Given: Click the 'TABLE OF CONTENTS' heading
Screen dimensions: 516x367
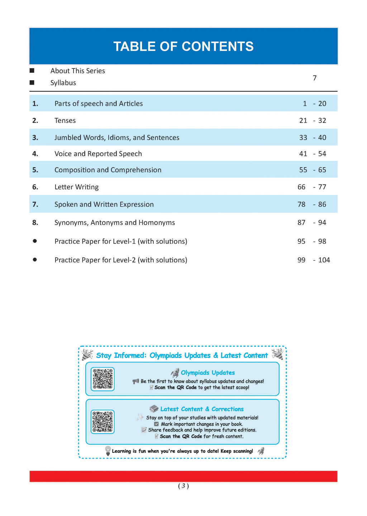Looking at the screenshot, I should (x=183, y=47).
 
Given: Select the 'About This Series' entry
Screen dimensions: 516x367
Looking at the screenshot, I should (x=77, y=71).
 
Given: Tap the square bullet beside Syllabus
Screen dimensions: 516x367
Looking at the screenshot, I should (x=32, y=83).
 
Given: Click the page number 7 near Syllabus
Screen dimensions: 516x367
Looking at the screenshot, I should (x=315, y=78).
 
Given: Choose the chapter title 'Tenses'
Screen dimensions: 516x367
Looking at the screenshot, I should (x=65, y=121).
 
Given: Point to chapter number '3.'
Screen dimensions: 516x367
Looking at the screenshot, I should (x=35, y=138).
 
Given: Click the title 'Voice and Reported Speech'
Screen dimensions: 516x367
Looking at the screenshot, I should (x=98, y=154).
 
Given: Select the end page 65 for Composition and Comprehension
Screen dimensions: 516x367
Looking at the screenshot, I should (x=322, y=170).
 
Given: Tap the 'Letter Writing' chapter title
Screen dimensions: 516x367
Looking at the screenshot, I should (x=76, y=187).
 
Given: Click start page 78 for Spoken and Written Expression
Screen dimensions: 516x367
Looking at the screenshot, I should (x=301, y=204).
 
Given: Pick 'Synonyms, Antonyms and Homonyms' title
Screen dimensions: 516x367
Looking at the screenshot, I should (x=114, y=223).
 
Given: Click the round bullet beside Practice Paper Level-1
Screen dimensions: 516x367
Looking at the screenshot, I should (x=35, y=241).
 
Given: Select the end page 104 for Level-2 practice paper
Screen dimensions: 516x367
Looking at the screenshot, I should (x=324, y=260).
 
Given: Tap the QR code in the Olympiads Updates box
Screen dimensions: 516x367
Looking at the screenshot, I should (x=103, y=379).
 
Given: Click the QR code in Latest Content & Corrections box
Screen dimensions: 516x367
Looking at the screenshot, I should (x=103, y=422).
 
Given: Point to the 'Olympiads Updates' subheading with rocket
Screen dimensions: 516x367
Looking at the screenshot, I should (x=208, y=373).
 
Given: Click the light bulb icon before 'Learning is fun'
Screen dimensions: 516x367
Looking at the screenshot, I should (x=108, y=450).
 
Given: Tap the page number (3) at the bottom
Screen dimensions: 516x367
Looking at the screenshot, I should (x=183, y=486).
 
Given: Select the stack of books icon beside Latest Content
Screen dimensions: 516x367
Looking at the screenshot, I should (x=154, y=409).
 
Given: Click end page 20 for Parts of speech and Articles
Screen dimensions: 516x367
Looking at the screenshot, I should (x=322, y=104).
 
